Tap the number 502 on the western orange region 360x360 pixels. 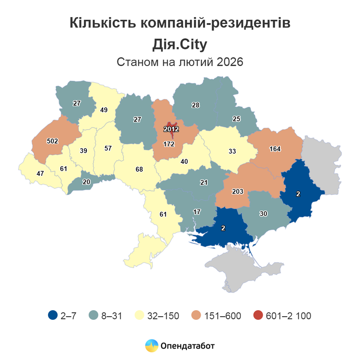point(52,141)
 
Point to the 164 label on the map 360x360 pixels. point(275,149)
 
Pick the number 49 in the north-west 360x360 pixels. point(103,110)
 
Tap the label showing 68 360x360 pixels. point(138,169)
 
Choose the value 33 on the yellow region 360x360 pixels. point(232,151)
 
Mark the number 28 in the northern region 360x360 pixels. point(196,105)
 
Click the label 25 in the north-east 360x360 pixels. point(236,119)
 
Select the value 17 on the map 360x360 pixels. point(197,212)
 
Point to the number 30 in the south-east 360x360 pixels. point(263,214)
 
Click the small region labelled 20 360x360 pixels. point(86,182)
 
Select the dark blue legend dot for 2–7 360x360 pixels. point(53,316)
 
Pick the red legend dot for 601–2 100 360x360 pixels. point(258,316)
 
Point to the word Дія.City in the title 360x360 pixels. point(180,44)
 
